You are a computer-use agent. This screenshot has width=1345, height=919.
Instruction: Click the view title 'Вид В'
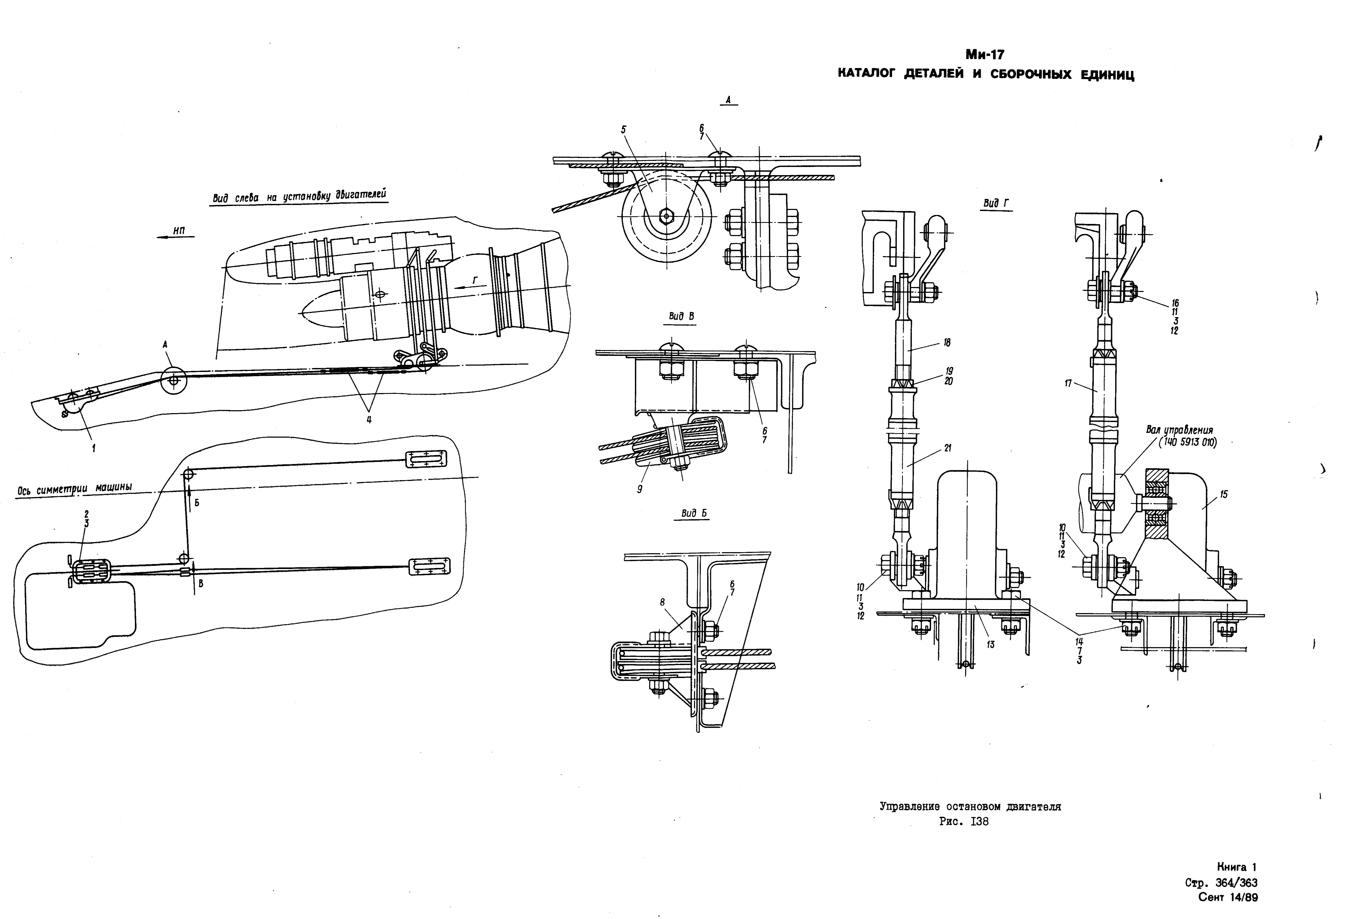coord(681,317)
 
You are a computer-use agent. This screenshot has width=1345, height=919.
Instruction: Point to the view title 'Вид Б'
coord(694,513)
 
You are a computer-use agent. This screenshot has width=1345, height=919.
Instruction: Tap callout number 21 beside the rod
coord(947,448)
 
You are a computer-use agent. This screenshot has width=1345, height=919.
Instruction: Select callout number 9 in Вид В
coord(640,489)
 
